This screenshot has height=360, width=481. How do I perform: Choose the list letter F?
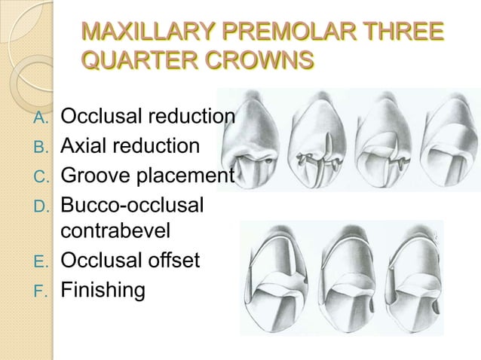tap(42, 289)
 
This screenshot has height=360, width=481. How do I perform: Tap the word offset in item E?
tap(173, 261)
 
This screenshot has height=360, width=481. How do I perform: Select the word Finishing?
tap(103, 289)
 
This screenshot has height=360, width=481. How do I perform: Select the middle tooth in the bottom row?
tap(343, 279)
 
